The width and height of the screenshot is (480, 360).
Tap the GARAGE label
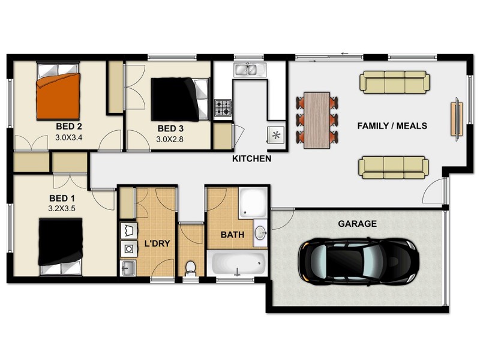(x=357, y=224)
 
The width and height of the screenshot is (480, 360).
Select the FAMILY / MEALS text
(x=392, y=126)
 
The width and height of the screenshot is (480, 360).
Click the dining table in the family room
(x=317, y=120)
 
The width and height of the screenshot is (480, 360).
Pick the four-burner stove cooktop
(x=223, y=108)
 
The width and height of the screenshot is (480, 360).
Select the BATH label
(x=232, y=235)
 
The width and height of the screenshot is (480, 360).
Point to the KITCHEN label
(x=252, y=159)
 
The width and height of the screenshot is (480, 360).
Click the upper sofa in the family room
(x=395, y=83)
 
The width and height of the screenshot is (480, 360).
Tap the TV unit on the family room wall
(x=457, y=119)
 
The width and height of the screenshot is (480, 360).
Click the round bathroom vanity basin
(x=261, y=233)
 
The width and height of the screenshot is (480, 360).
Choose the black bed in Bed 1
(x=61, y=243)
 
